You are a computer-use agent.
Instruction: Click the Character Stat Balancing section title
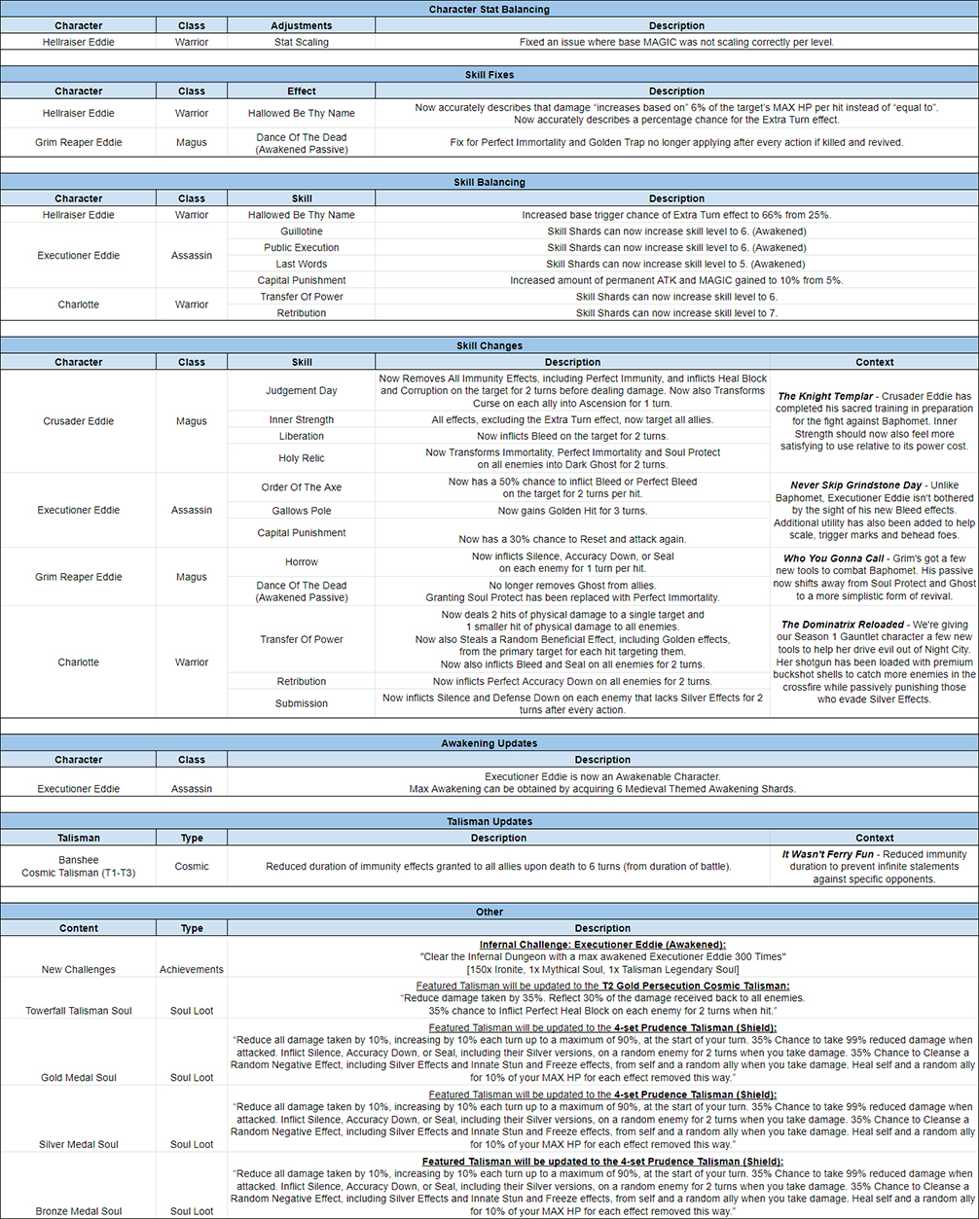[x=489, y=10]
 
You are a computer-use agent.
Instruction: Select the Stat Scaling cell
[x=301, y=42]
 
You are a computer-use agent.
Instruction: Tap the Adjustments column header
[x=301, y=25]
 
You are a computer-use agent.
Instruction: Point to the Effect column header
[x=301, y=91]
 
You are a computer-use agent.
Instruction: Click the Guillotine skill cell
[x=301, y=232]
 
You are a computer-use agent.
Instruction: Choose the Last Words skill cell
[x=301, y=264]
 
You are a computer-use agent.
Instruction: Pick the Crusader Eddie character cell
[x=78, y=421]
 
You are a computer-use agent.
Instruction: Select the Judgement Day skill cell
[x=301, y=391]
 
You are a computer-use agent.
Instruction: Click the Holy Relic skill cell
[x=301, y=458]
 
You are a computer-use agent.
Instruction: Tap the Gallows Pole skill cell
[x=301, y=511]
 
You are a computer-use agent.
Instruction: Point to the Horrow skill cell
[x=301, y=562]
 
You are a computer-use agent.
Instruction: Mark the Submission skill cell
[x=301, y=703]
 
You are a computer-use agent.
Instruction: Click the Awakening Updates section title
[x=489, y=743]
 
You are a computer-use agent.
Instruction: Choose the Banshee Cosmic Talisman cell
[x=78, y=866]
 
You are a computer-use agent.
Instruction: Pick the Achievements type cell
[x=192, y=969]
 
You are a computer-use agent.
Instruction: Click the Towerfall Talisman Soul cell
[x=80, y=1011]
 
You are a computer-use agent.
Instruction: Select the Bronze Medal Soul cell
[x=78, y=1211]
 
